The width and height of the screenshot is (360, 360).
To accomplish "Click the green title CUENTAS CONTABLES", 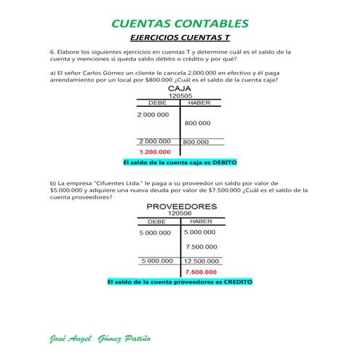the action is tap(180, 24).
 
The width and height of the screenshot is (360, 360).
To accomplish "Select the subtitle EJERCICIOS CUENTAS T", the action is tap(180, 37).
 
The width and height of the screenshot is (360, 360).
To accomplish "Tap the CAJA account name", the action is tap(180, 88).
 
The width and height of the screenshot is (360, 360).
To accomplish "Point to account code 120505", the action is tap(180, 95).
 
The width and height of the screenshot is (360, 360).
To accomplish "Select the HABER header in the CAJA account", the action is tap(199, 103).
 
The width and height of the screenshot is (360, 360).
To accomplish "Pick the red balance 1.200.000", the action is tap(154, 152).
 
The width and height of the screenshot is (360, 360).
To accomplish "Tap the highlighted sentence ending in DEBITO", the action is tap(180, 162).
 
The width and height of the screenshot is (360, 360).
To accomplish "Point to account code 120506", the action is tap(180, 214).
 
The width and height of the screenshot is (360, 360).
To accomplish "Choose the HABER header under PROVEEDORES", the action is tap(199, 221).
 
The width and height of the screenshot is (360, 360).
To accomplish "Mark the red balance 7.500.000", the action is tap(201, 271).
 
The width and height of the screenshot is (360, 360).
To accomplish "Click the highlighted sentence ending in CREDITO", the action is tap(180, 281).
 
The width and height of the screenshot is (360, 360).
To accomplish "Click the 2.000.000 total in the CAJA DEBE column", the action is tap(154, 142).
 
